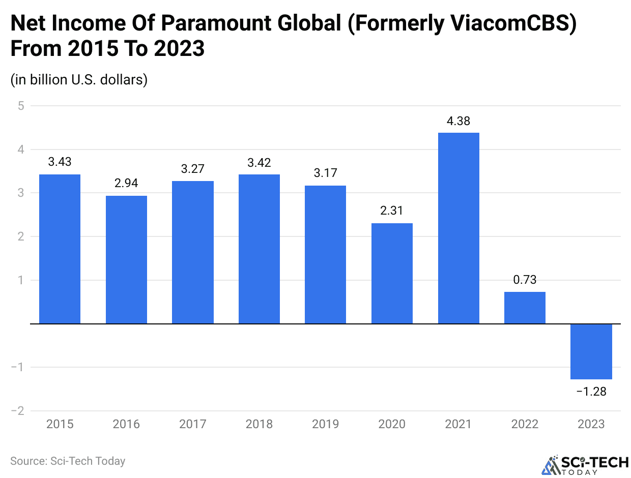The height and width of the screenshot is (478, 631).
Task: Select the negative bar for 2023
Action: [x=591, y=351]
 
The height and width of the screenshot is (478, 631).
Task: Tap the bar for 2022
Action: [x=525, y=308]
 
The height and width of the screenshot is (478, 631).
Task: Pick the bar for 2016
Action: [x=126, y=259]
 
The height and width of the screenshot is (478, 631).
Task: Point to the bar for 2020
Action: [x=392, y=273]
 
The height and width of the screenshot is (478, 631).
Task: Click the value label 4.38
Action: [x=458, y=121]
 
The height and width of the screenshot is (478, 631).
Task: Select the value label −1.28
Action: [x=591, y=392]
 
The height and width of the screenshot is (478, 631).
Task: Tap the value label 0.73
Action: [x=525, y=280]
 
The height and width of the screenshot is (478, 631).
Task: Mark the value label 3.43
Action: [x=60, y=162]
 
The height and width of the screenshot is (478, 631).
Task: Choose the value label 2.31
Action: [x=392, y=211]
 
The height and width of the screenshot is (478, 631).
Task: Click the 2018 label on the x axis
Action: [x=259, y=424]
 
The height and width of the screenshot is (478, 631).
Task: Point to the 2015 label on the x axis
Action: [x=60, y=424]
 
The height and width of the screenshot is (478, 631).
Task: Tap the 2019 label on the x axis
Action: [x=325, y=424]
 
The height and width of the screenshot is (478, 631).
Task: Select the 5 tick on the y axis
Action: [x=20, y=106]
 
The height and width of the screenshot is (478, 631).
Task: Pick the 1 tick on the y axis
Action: [x=20, y=280]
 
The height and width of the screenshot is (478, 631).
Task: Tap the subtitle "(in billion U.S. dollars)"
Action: [x=79, y=80]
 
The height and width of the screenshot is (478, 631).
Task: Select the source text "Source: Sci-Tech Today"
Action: [x=68, y=461]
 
